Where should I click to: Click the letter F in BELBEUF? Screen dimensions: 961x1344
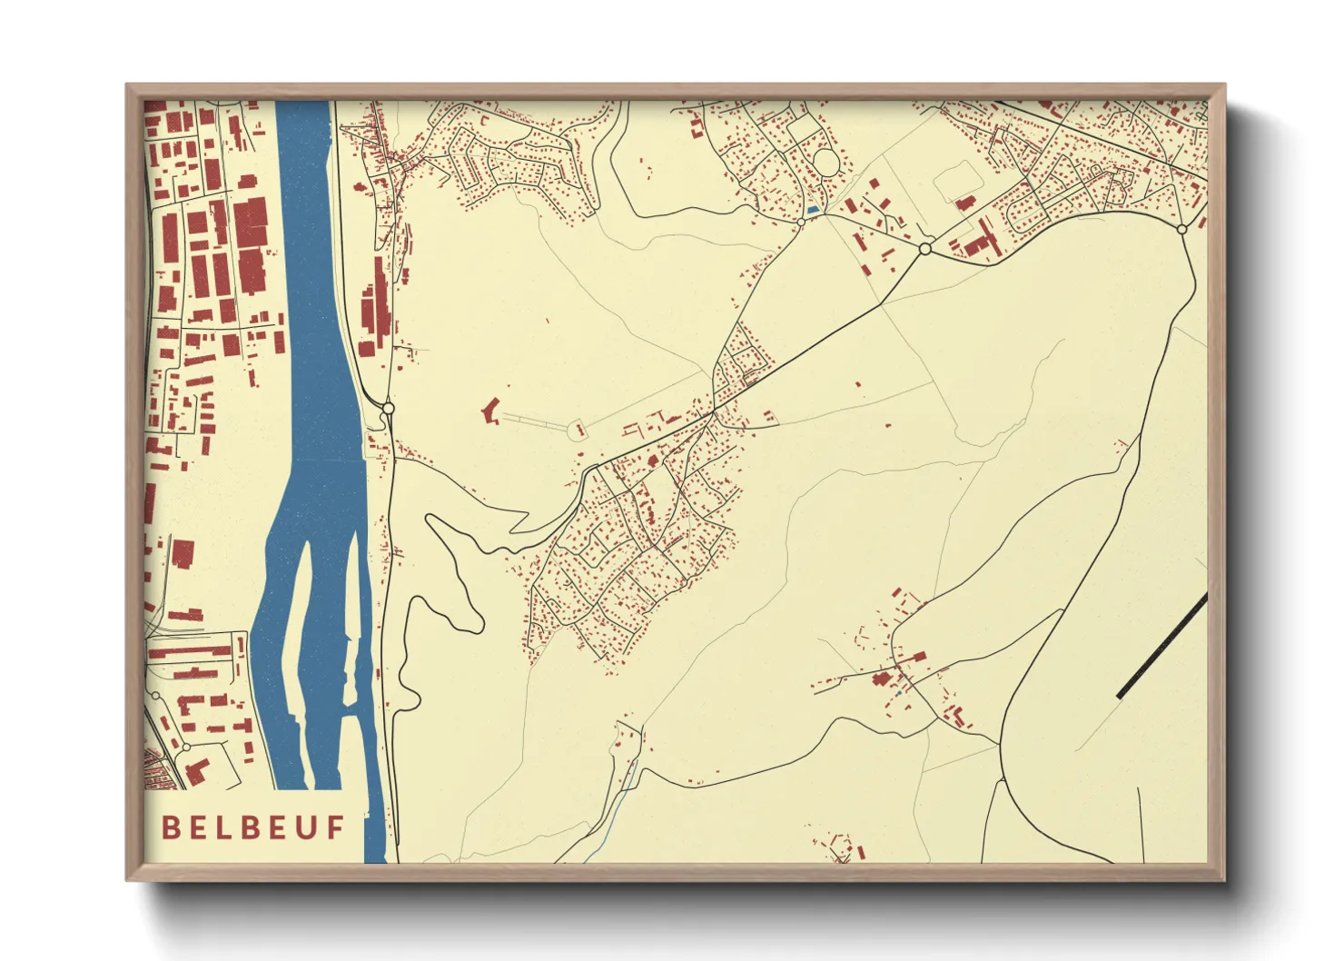click(336, 827)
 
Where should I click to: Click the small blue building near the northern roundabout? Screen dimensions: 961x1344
click(813, 210)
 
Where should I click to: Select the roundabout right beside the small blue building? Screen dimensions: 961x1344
click(801, 222)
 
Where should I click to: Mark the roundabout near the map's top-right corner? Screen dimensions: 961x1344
click(1181, 230)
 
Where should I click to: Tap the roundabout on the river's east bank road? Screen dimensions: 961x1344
click(388, 409)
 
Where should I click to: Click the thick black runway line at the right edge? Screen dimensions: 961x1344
click(1161, 646)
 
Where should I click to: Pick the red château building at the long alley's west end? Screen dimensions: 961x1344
click(491, 411)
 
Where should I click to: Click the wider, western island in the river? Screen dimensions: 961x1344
click(296, 627)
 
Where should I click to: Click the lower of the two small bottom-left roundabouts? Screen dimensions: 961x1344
click(186, 747)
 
